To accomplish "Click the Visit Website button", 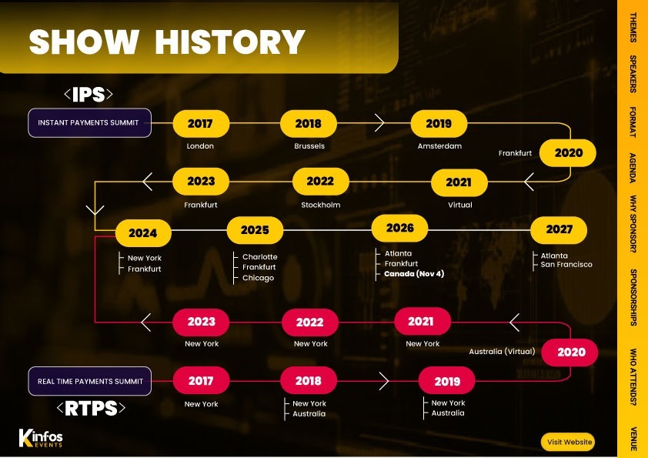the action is (567, 442).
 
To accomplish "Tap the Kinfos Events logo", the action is (41, 438).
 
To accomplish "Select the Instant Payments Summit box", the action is (89, 122).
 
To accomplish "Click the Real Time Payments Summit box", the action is (90, 381).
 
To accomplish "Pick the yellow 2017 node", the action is (201, 123).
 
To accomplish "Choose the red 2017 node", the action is (201, 380).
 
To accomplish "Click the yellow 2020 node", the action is (568, 153).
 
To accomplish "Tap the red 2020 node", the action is (570, 353).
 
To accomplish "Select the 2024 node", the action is (143, 233).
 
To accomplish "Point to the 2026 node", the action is (399, 228).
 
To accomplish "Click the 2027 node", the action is (559, 229).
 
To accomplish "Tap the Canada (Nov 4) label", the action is (414, 273).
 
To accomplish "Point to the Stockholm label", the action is (321, 205).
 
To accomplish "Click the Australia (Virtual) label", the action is (502, 351).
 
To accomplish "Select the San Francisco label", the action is (566, 265).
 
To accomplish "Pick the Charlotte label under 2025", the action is (259, 256).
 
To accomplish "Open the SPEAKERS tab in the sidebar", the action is (633, 74).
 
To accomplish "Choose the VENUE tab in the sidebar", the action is (633, 439).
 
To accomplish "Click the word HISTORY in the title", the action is (230, 42).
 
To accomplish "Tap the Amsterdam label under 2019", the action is (439, 146).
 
